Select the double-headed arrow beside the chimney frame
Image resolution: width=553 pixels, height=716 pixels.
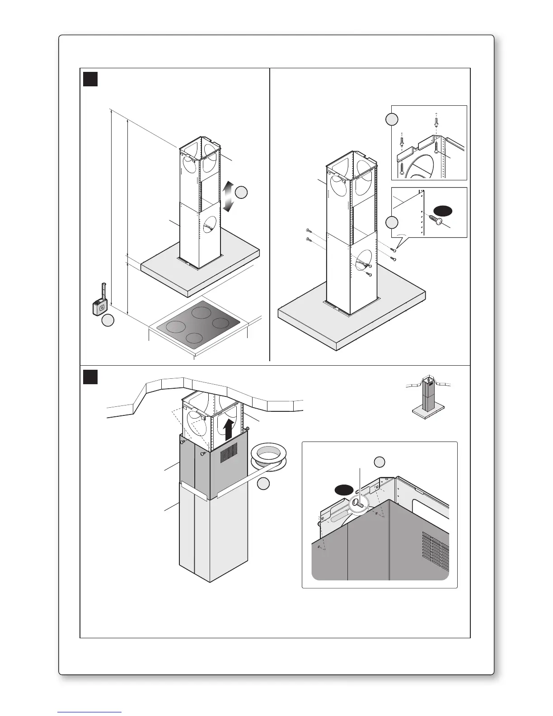click(228, 197)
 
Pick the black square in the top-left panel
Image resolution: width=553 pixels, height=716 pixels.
click(90, 79)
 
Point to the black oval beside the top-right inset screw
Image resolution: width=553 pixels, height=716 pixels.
click(443, 210)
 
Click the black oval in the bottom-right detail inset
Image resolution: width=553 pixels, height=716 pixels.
click(344, 490)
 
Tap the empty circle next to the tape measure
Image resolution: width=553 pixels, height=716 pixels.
click(107, 321)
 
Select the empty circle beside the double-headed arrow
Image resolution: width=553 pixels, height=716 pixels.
click(241, 192)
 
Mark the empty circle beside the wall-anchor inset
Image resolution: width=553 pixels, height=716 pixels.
click(392, 119)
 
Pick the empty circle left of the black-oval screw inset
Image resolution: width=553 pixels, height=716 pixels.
click(392, 222)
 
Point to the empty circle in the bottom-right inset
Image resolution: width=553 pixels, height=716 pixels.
click(380, 462)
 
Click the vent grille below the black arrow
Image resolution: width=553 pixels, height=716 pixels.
click(229, 452)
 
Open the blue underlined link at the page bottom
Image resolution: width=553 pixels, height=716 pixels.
click(90, 711)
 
